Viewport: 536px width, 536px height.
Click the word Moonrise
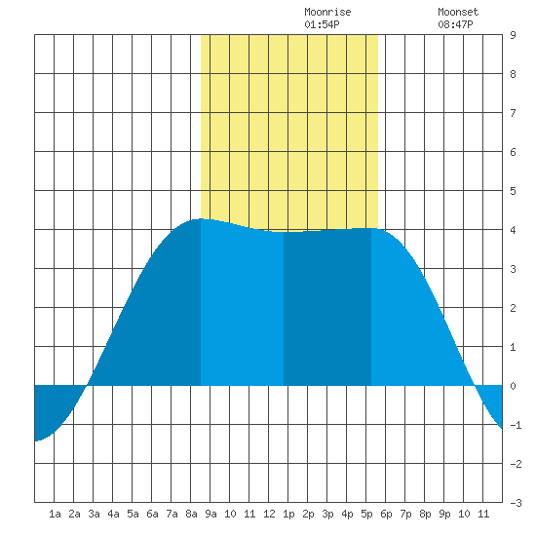click(x=327, y=12)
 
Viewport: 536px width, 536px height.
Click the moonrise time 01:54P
click(x=322, y=24)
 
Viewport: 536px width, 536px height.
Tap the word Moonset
click(x=458, y=12)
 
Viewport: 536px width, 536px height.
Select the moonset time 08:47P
click(x=455, y=24)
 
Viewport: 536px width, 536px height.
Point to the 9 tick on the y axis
click(x=513, y=35)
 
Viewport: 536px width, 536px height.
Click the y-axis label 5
click(x=513, y=191)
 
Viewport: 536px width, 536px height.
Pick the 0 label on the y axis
click(x=513, y=386)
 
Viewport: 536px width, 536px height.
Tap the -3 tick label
click(x=516, y=503)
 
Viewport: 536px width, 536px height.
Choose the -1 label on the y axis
click(x=516, y=425)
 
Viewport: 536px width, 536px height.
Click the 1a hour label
click(x=55, y=514)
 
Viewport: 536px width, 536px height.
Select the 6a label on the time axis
click(x=152, y=514)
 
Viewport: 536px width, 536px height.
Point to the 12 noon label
click(x=269, y=514)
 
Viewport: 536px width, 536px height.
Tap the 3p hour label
click(x=327, y=514)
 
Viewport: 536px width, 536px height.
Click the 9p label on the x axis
click(x=444, y=514)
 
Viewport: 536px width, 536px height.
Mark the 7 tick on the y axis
click(x=513, y=113)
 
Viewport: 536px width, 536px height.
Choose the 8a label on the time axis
click(x=191, y=514)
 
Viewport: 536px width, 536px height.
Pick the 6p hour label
click(x=386, y=514)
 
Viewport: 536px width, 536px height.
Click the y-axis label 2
click(x=513, y=308)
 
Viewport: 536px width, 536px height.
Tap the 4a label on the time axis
click(x=113, y=514)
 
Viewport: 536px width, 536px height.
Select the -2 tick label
click(x=516, y=464)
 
